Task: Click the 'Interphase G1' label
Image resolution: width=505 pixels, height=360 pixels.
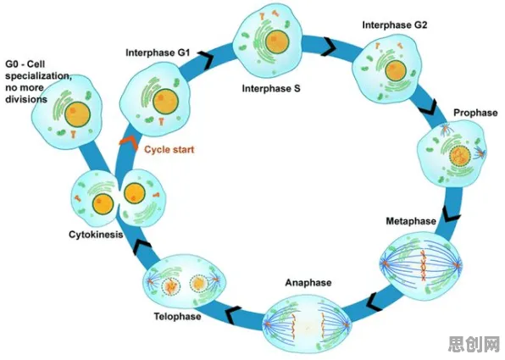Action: pyautogui.click(x=158, y=53)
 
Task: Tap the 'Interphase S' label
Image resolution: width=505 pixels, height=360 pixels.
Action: pyautogui.click(x=271, y=88)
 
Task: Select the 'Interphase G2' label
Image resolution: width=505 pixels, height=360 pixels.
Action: pyautogui.click(x=395, y=25)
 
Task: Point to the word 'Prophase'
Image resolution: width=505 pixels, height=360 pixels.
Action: pyautogui.click(x=475, y=113)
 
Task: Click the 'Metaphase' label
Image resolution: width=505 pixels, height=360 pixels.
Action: pyautogui.click(x=411, y=221)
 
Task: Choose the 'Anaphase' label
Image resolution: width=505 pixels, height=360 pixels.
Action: pyautogui.click(x=308, y=283)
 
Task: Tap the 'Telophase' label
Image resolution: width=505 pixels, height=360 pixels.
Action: pyautogui.click(x=177, y=317)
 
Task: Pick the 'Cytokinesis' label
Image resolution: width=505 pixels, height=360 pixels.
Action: pyautogui.click(x=96, y=235)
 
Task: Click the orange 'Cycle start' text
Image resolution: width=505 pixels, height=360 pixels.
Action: pyautogui.click(x=169, y=149)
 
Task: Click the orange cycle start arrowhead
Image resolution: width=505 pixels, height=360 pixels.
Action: pyautogui.click(x=128, y=141)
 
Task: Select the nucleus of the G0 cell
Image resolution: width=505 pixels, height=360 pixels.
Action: pyautogui.click(x=77, y=114)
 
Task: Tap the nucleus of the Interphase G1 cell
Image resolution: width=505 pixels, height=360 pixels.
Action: pyautogui.click(x=166, y=101)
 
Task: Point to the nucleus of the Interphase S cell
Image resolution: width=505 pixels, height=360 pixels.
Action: pyautogui.click(x=277, y=42)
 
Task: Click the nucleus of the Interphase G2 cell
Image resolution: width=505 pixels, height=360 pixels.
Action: pyautogui.click(x=396, y=71)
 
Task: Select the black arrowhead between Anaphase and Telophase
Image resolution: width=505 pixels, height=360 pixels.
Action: pyautogui.click(x=233, y=314)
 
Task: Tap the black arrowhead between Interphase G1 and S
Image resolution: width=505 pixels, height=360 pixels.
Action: pyautogui.click(x=206, y=58)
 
